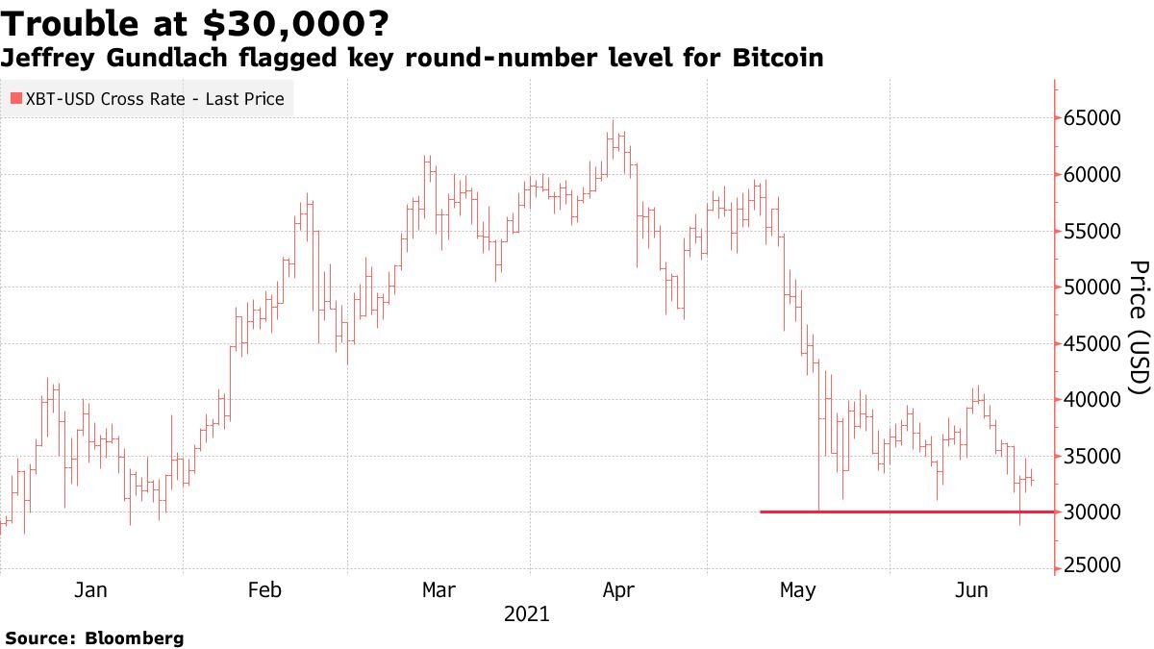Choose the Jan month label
[89, 590]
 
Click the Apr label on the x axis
[617, 590]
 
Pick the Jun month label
[970, 590]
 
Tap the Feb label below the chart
[264, 590]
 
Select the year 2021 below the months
[526, 613]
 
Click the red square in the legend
[15, 98]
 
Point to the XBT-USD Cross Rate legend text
[154, 98]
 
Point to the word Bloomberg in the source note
[135, 637]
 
